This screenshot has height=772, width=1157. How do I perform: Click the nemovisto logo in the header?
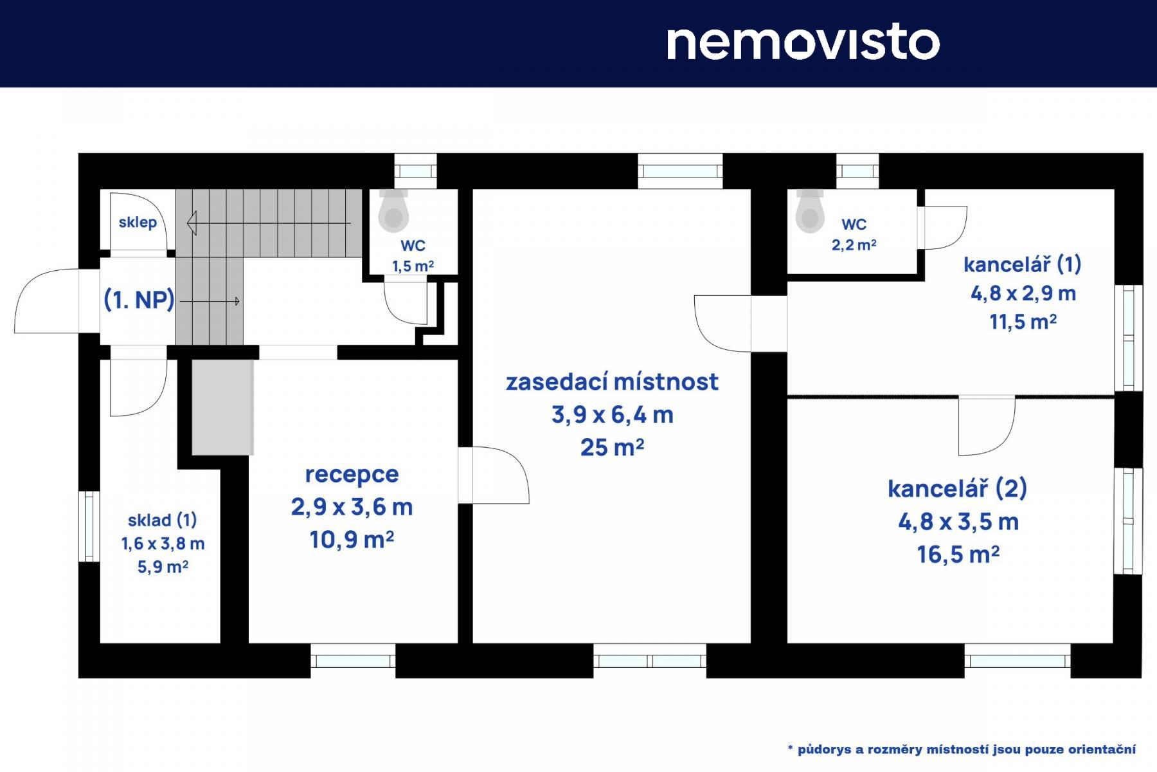coord(803,42)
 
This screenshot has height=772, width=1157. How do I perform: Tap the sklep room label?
coord(138,223)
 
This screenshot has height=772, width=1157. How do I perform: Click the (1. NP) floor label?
coord(139,300)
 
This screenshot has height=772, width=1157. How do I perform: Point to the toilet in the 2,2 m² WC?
coord(809,210)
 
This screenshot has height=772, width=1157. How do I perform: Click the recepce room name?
coord(352,475)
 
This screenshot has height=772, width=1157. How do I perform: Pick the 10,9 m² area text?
coord(352,540)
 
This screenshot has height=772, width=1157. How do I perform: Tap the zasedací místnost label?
coord(612,381)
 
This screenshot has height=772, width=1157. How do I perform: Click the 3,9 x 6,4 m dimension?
coord(612,415)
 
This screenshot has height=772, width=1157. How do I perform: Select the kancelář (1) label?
coord(1023,264)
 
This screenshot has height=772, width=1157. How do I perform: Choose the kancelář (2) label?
coord(958,489)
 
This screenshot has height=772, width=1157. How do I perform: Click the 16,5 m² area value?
coord(958,555)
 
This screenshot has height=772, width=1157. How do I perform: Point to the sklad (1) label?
coord(163,520)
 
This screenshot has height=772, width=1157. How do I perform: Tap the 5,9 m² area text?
coord(163,567)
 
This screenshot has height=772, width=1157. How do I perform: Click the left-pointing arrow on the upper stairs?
coord(269,223)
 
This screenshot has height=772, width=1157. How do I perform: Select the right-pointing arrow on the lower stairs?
coord(210,301)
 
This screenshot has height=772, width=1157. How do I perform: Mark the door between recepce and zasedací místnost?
coord(493,475)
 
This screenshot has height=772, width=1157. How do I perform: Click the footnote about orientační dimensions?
coord(962,749)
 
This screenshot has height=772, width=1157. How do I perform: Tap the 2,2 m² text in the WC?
coord(854,245)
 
